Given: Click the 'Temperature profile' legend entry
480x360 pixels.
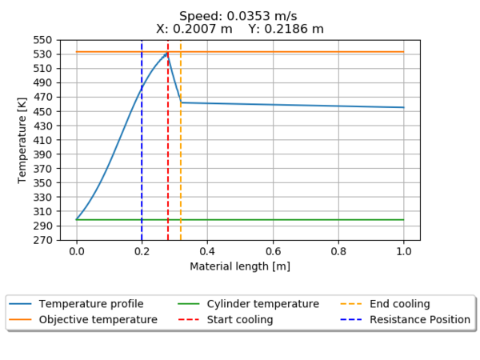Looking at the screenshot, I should [91, 304].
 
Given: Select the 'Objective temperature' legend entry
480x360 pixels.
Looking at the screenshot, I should [98, 319].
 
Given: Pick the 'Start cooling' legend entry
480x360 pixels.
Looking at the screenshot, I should [239, 319].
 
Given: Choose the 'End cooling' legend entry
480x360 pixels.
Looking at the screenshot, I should [400, 304].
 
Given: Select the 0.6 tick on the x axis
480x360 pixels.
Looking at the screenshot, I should [273, 250].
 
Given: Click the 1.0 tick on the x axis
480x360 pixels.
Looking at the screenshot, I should [404, 250].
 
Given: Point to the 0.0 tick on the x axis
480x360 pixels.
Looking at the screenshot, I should [77, 250].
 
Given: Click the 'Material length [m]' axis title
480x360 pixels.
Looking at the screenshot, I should [240, 266].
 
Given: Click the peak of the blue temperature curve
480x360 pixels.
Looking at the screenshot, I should [167, 54].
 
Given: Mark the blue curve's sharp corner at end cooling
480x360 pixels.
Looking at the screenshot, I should [182, 102].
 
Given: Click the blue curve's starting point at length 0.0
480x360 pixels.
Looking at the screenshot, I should [77, 219].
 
